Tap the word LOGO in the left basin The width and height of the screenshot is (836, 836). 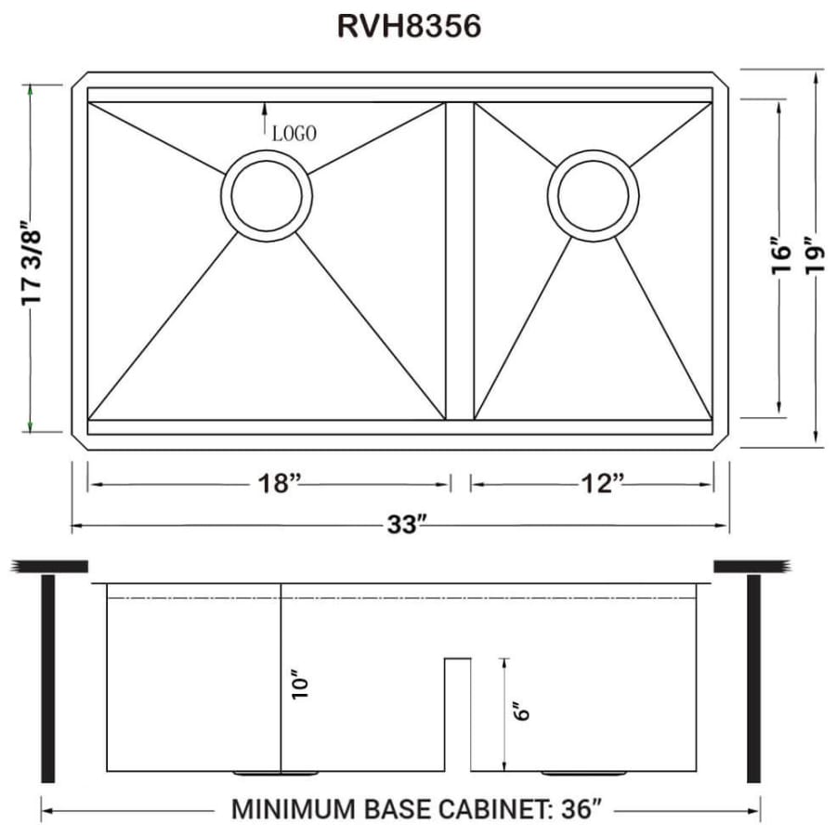294,134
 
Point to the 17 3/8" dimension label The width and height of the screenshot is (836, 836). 32,259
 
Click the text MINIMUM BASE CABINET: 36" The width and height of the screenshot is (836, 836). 417,809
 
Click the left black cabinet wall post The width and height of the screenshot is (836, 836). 48,678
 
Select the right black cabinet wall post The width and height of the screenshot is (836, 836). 753,678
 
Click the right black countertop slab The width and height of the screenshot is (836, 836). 751,566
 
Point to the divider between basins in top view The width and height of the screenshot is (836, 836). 459,260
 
